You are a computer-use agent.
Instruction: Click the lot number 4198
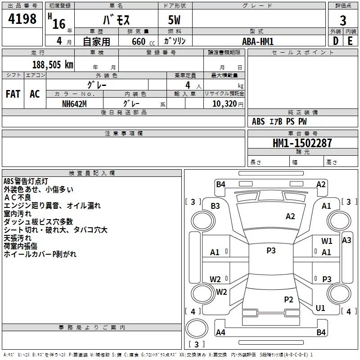tap(22, 19)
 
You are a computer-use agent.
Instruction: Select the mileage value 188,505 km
tap(53, 65)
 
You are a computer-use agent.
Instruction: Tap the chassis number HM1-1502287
tap(302, 143)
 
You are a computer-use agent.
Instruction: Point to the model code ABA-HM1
tap(258, 41)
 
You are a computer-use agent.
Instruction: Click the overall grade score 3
tap(343, 21)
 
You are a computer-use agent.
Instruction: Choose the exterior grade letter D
tap(336, 41)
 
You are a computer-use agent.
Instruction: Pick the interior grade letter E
tap(350, 41)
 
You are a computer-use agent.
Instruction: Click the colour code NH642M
tap(74, 104)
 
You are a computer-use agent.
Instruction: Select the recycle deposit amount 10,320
tap(225, 104)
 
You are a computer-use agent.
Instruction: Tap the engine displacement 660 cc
tap(143, 42)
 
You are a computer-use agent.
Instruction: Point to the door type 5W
tap(174, 20)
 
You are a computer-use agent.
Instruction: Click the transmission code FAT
tap(13, 94)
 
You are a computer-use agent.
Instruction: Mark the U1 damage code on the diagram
tap(320, 308)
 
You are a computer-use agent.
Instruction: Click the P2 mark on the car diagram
tap(288, 299)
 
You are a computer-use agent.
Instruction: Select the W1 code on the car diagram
tap(327, 241)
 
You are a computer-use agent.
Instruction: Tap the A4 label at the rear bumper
tap(220, 332)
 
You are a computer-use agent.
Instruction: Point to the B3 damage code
tap(215, 206)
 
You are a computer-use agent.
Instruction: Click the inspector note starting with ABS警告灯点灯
tap(26, 181)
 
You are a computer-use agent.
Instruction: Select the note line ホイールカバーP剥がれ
tap(40, 254)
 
